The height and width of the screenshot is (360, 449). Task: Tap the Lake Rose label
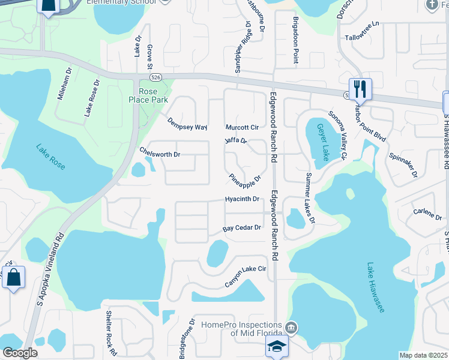click(x=50, y=157)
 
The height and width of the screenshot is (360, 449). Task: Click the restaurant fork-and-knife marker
click(x=360, y=89)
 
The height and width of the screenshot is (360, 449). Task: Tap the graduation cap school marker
click(x=276, y=346)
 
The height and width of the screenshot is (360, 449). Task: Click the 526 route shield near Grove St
click(x=155, y=77)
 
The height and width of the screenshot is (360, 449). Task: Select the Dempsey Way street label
click(x=187, y=124)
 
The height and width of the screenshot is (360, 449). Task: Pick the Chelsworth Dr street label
click(x=160, y=154)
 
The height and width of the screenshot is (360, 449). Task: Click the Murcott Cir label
click(x=241, y=127)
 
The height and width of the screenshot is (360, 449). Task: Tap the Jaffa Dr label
click(x=236, y=141)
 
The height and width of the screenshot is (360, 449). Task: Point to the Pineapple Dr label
click(x=245, y=179)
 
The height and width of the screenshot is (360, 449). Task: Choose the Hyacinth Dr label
click(x=242, y=199)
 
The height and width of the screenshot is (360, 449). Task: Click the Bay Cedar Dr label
click(x=243, y=228)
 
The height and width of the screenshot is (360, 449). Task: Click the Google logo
click(x=20, y=353)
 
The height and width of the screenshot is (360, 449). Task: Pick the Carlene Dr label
click(x=427, y=212)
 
